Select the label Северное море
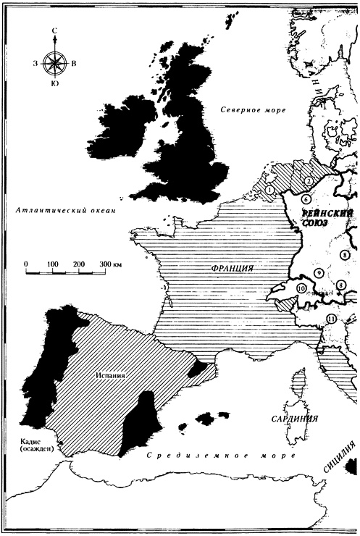tap(253, 109)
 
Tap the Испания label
tap(111, 376)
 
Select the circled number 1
tap(270, 190)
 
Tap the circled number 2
tap(308, 181)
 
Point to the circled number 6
tap(306, 199)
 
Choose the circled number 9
tap(318, 273)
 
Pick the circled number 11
tap(331, 319)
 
